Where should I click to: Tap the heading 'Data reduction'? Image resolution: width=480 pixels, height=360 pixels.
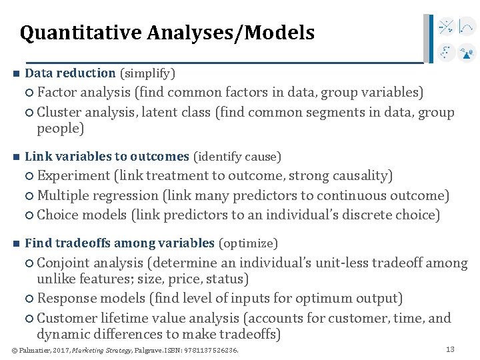(70, 73)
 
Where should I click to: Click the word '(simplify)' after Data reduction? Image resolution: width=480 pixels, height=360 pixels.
(147, 73)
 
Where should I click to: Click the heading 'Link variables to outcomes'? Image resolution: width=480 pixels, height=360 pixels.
(107, 157)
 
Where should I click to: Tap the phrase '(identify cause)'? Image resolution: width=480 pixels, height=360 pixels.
(237, 157)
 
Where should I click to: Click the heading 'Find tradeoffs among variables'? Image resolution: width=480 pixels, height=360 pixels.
(119, 243)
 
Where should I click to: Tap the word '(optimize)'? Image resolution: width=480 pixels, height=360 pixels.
(248, 243)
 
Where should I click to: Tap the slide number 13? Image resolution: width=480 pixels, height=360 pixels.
(449, 349)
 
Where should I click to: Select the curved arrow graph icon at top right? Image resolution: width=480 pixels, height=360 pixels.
(467, 27)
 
